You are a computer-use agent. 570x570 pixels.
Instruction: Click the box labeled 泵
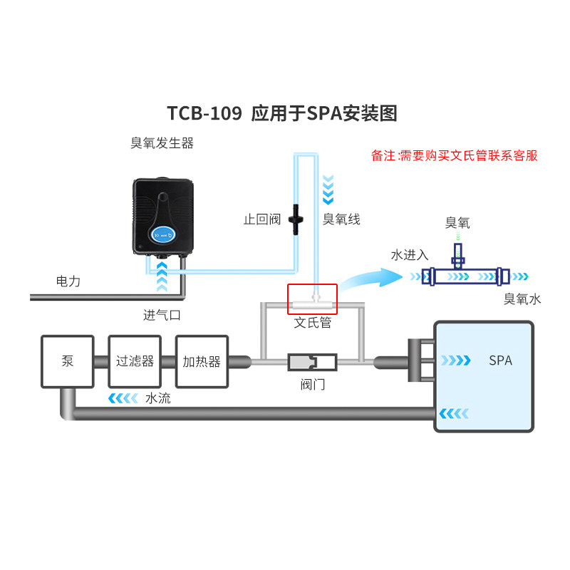pos(68,361)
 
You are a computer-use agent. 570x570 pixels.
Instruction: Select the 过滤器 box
pos(135,361)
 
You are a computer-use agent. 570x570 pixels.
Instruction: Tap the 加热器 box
pos(202,361)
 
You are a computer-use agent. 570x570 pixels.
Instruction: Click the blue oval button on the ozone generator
pos(163,234)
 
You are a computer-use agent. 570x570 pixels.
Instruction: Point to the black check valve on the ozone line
pos(296,219)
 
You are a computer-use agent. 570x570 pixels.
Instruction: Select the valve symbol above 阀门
pos(312,362)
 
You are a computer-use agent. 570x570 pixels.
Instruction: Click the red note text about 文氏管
pos(454,155)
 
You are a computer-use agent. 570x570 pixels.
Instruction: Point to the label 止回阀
pos(262,219)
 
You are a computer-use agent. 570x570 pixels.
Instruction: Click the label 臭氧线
pos(341,219)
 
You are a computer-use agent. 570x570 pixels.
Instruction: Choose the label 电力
pos(68,281)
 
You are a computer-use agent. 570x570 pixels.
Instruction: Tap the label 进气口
pos(162,315)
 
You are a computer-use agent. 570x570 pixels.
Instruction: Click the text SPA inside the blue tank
pos(501,361)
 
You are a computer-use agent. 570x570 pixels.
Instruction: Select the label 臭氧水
pos(522,299)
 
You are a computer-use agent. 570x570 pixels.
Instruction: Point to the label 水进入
pos(410,255)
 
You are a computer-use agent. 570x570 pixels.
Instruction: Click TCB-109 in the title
pos(204,113)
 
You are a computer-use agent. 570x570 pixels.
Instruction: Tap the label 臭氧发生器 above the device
pos(162,143)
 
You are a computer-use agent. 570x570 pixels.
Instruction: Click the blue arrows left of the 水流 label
pos(123,398)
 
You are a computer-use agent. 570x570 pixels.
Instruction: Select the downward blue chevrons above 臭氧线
pos(328,190)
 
